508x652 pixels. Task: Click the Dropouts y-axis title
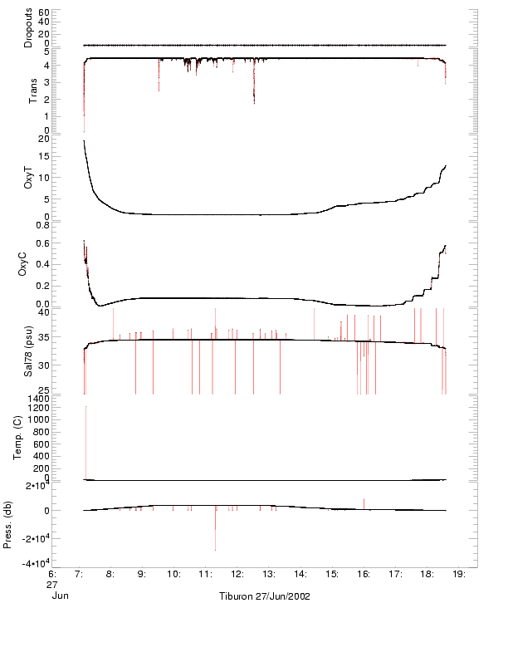tap(28, 28)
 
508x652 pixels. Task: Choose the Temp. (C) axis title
tap(30, 438)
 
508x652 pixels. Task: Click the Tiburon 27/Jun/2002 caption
tap(264, 596)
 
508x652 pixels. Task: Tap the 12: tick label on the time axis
tap(237, 573)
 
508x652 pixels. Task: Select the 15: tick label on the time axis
tap(333, 573)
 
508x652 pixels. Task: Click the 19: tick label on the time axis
tap(460, 573)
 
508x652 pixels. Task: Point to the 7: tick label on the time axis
tap(79, 573)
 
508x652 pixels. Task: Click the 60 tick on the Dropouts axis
tap(44, 13)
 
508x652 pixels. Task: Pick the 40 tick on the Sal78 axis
tap(44, 313)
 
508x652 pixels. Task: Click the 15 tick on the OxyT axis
tap(44, 157)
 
